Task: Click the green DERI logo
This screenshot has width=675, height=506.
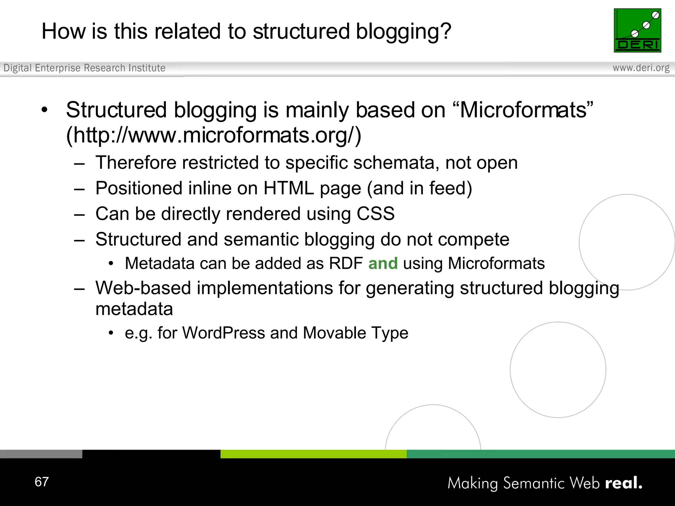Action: (637, 30)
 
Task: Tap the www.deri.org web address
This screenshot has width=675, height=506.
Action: (641, 68)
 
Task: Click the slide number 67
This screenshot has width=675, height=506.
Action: (42, 482)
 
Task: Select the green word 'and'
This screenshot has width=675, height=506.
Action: (383, 264)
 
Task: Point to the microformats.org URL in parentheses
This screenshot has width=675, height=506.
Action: (214, 135)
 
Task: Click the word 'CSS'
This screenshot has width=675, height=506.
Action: (376, 213)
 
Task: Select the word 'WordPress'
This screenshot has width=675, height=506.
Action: (223, 333)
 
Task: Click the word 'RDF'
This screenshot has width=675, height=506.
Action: (346, 264)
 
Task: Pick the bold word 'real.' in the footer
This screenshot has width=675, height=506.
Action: (624, 483)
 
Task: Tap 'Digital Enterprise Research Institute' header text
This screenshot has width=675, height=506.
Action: (84, 68)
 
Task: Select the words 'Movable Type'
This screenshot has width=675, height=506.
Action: (356, 333)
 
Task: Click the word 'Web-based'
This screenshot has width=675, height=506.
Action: (143, 288)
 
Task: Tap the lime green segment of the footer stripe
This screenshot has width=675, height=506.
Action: (313, 454)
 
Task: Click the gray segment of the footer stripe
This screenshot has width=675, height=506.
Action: (41, 454)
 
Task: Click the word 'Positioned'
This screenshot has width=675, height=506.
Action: (139, 188)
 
